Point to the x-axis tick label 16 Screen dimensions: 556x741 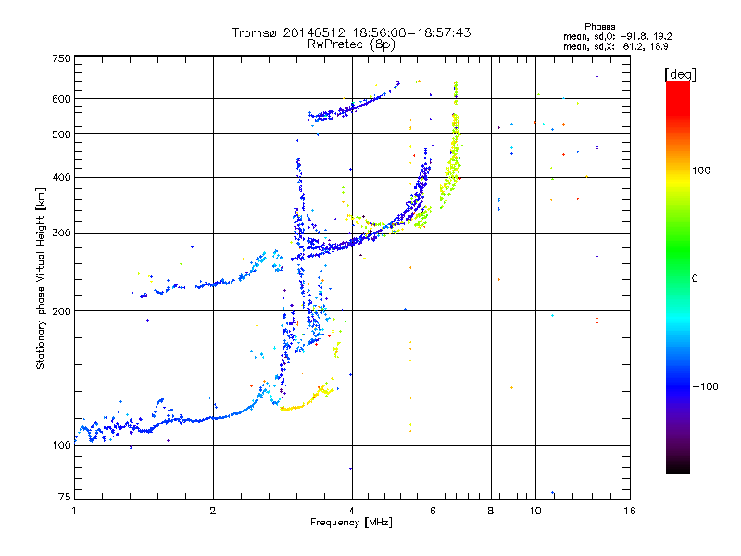tap(629, 511)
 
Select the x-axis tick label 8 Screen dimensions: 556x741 tap(491, 511)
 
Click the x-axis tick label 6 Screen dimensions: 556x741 tap(433, 511)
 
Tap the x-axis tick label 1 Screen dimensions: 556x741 tap(74, 511)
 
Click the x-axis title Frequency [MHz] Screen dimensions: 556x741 tap(351, 523)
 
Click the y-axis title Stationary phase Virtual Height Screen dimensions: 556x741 tap(41, 278)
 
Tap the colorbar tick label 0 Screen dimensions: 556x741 tap(696, 278)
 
